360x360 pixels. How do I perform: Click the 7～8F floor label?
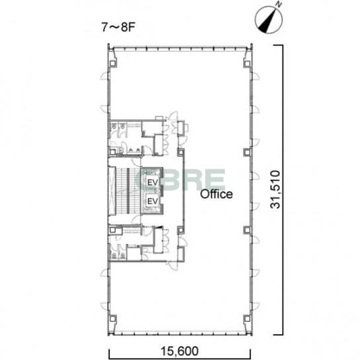coord(118,27)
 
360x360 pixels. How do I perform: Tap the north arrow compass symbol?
coord(268,19)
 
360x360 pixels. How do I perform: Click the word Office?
coord(216,194)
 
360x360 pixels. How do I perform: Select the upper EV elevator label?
coord(153,183)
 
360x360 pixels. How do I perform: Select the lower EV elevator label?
coord(153,201)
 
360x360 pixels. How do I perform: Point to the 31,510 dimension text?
coord(275,189)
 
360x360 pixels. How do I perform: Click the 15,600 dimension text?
coord(179,351)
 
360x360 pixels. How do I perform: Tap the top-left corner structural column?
coord(112,64)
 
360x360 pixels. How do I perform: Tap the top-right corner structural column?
coord(247,64)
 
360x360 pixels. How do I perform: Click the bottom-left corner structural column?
coord(112,319)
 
